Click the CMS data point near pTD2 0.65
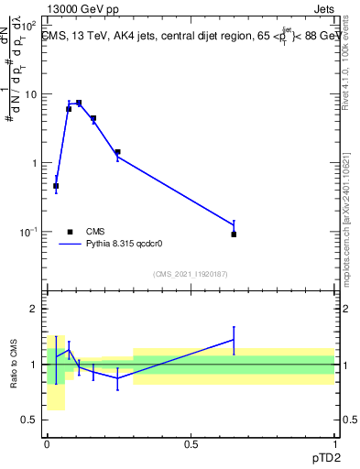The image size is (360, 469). point(234,234)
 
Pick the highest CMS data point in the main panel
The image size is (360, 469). point(79,104)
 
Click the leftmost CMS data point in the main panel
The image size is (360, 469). point(56,186)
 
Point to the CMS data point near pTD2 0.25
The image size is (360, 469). point(117,152)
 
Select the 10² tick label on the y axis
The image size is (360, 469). point(28,26)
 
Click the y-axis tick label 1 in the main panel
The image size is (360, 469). point(33,163)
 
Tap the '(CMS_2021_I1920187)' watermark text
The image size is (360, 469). point(191,273)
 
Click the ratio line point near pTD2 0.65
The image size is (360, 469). point(234,340)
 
